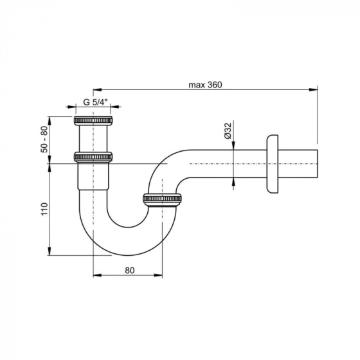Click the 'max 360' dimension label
click(205, 85)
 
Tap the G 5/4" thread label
click(95, 102)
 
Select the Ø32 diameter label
click(228, 130)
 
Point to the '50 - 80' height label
click(44, 139)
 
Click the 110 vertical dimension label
click(44, 209)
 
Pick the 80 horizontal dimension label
click(130, 271)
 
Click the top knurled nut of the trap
click(93, 121)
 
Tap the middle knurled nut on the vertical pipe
click(93, 157)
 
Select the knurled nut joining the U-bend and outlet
click(162, 199)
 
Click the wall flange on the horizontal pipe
click(273, 164)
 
